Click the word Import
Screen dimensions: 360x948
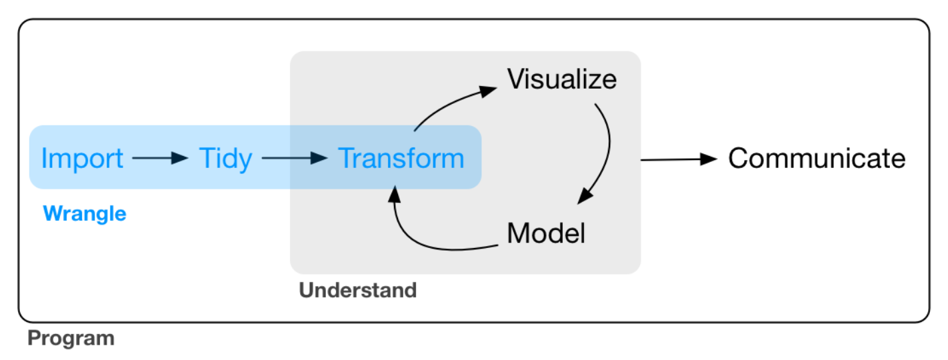point(82,159)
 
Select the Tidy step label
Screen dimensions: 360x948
point(225,159)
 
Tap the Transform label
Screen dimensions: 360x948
point(401,159)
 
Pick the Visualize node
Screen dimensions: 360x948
point(561,79)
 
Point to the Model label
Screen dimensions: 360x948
point(545,233)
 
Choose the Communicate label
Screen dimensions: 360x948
point(816,159)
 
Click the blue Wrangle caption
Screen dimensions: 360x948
point(84,213)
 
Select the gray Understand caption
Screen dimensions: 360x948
point(357,291)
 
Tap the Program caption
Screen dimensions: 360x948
point(71,338)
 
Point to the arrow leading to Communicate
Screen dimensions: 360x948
point(677,159)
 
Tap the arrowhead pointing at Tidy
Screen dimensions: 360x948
point(180,159)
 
